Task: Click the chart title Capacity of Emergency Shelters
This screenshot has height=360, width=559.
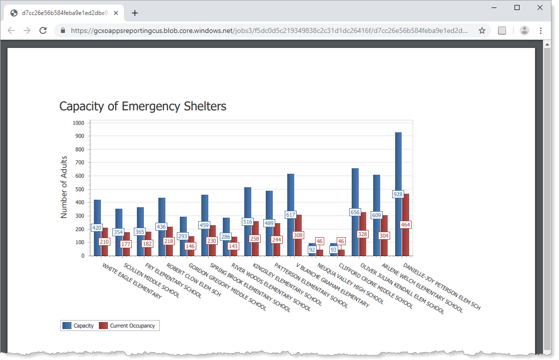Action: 142,106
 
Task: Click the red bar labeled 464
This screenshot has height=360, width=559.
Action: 406,210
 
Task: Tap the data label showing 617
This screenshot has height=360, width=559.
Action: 291,215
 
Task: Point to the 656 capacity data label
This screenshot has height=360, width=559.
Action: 355,212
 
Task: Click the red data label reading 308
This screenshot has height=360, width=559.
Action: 298,235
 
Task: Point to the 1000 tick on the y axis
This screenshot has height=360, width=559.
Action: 78,123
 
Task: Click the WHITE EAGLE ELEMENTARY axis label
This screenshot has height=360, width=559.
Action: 132,281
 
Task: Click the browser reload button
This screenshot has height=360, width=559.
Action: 43,30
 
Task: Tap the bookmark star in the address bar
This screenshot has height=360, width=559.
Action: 482,30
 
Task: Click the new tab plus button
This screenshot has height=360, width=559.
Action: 135,13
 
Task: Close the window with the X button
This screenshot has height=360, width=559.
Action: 540,7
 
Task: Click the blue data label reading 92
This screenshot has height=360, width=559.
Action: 312,249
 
